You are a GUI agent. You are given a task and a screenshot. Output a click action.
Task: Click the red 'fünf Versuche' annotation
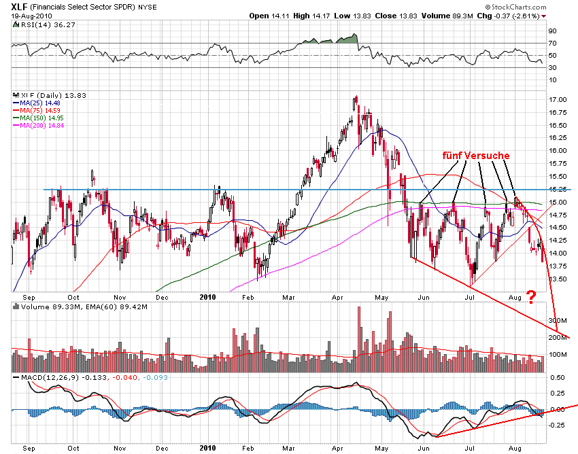coord(476,156)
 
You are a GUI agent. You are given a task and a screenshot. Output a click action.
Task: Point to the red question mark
coord(532,296)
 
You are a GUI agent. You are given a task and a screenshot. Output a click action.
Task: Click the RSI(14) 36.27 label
coord(38,24)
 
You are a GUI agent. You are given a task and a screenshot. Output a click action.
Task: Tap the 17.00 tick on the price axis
coord(558,100)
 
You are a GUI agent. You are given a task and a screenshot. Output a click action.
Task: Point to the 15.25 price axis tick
coord(558,189)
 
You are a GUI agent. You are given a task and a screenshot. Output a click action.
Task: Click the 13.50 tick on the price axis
coord(558,278)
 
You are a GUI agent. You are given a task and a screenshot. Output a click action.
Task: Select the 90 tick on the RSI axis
coord(553,31)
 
